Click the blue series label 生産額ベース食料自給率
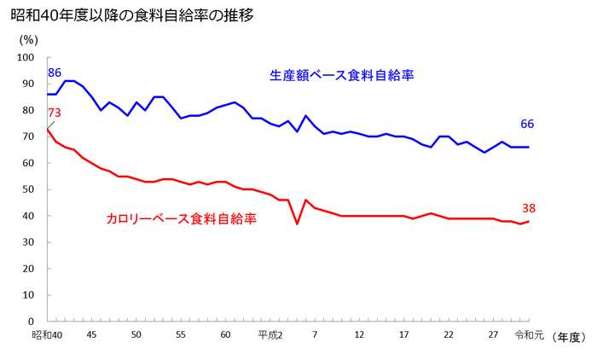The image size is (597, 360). [x=342, y=76]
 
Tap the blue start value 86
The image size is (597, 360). [x=55, y=73]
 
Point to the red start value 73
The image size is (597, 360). [x=55, y=113]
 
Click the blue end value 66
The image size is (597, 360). [x=527, y=125]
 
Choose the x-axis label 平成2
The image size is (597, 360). [x=270, y=336]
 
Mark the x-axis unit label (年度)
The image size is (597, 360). [x=568, y=338]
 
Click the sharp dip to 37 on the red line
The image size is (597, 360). [x=297, y=224]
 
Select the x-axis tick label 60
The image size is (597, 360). [x=225, y=336]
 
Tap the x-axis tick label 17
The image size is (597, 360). [x=403, y=336]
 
